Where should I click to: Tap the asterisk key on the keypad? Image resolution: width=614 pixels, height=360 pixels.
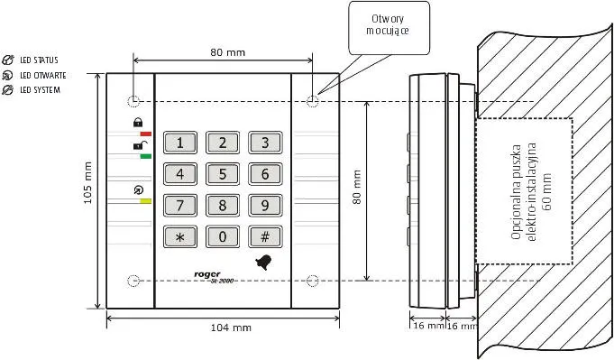click(180, 236)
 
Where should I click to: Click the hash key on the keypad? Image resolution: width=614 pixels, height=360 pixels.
click(265, 236)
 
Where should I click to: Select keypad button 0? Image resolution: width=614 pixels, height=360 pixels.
click(223, 236)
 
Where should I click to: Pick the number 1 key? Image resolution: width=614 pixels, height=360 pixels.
click(180, 143)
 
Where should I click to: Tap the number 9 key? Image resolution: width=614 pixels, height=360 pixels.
click(265, 206)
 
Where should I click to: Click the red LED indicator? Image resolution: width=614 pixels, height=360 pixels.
click(146, 134)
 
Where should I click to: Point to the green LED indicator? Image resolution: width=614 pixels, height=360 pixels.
click(146, 156)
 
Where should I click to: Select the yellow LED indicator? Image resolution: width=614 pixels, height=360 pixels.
click(146, 201)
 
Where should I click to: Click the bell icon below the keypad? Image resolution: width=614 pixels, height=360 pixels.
click(263, 262)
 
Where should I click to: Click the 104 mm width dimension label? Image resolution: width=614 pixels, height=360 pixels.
click(231, 328)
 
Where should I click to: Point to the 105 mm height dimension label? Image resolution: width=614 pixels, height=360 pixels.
click(87, 183)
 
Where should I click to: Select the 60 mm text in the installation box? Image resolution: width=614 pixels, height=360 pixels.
click(547, 192)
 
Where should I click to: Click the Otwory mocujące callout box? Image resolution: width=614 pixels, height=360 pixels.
click(389, 28)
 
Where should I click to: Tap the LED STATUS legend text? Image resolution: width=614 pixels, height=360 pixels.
click(39, 60)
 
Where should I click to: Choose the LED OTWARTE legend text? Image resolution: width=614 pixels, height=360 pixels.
click(43, 75)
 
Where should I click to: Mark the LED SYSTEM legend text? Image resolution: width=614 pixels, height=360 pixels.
click(41, 90)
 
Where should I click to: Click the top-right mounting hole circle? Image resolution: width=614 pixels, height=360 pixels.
click(313, 101)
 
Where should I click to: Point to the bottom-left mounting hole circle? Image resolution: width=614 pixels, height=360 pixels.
click(133, 281)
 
